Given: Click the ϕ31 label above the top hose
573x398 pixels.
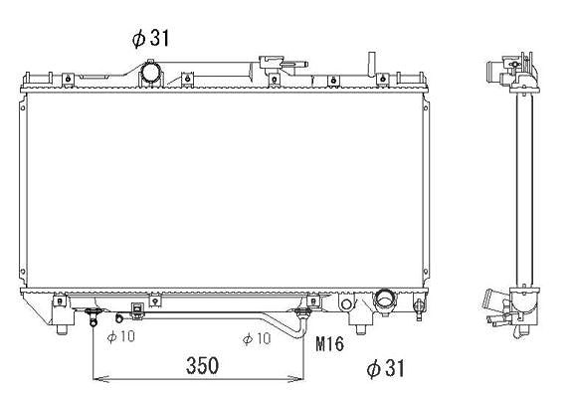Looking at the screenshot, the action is point(150,38).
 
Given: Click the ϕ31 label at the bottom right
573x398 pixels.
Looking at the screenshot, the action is point(386,368).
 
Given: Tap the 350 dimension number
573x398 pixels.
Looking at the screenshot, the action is point(202,365).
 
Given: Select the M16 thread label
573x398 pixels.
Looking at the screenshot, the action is point(329,344).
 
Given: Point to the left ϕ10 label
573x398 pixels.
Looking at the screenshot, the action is point(121,336).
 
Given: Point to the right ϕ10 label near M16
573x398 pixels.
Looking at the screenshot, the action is point(257,338).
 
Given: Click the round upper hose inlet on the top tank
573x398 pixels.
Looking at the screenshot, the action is point(150,72).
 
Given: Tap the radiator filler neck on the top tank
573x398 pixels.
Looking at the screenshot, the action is point(272,63).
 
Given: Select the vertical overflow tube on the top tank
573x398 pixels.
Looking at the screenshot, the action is point(371,64).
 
